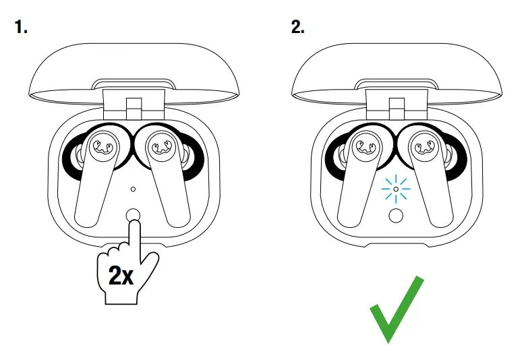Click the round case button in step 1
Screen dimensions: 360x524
134,216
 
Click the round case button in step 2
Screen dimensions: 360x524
396,216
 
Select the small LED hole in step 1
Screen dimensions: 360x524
134,191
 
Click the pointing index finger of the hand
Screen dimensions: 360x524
134,236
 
